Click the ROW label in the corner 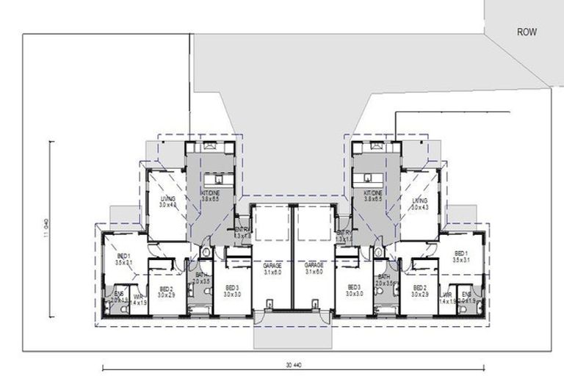[527, 32]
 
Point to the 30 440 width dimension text [292, 364]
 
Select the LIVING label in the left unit [168, 198]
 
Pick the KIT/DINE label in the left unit [212, 192]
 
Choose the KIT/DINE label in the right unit [375, 192]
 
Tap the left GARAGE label [272, 265]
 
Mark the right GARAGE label [314, 265]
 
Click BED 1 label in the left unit [123, 255]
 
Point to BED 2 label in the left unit [166, 289]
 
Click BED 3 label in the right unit [354, 286]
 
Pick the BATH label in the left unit [200, 275]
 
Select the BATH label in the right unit [384, 276]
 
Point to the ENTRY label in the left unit [242, 231]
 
